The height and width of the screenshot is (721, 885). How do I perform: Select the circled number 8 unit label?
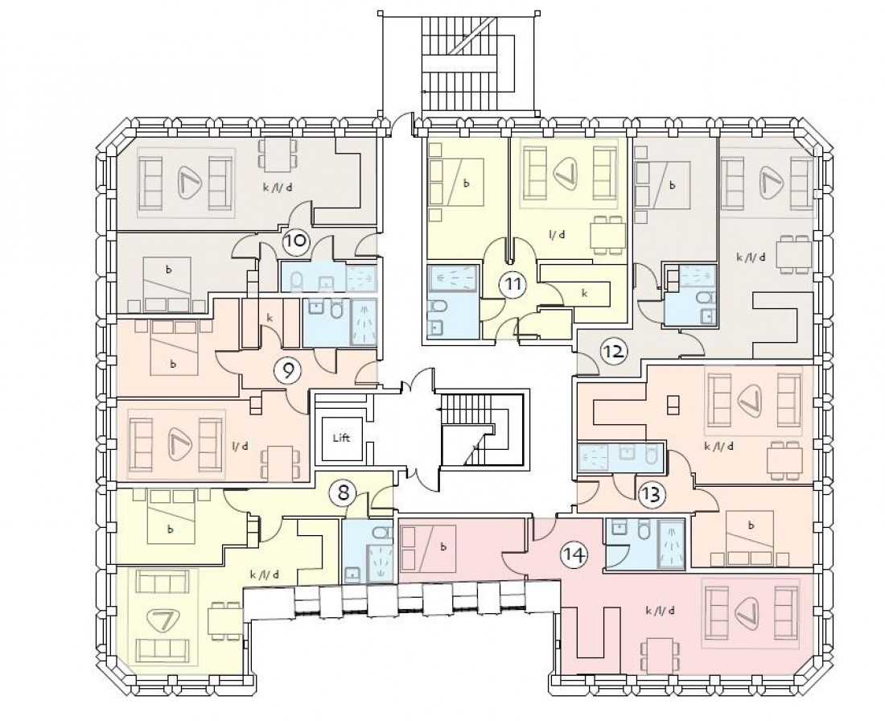point(344,492)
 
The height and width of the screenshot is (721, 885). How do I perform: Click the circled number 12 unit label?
point(613,352)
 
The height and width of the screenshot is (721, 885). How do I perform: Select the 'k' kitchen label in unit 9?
point(269,319)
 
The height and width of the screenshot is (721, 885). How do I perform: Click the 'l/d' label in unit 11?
point(555,234)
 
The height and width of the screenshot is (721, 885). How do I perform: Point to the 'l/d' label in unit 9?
point(239,445)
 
